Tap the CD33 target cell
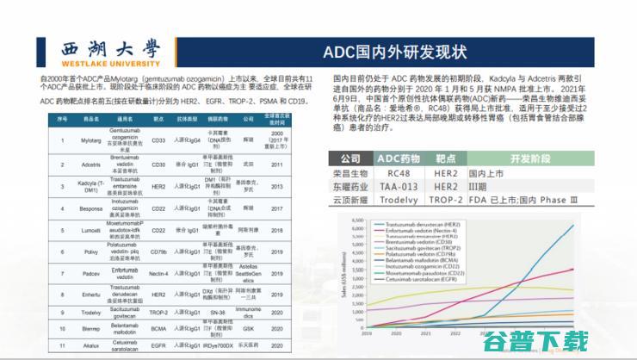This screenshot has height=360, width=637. click(x=158, y=137)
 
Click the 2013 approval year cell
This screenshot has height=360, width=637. click(x=277, y=183)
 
